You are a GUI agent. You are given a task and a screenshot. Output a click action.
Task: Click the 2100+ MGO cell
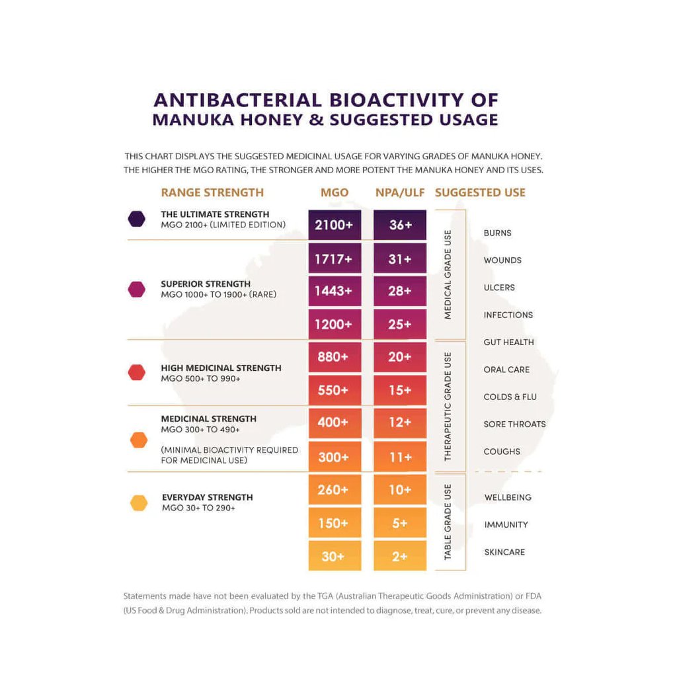pos(335,225)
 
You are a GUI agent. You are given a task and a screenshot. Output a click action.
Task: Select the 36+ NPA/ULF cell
pos(400,225)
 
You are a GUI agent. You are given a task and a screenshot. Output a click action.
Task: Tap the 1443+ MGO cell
pos(335,291)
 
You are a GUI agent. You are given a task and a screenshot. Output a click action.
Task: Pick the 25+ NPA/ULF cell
pos(400,325)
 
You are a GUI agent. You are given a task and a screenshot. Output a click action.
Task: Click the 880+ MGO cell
pos(335,357)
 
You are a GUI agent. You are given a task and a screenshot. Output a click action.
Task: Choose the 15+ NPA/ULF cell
pos(400,390)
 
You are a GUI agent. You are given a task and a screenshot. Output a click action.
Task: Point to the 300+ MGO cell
pos(335,457)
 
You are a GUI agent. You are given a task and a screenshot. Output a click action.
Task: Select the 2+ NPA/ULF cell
pos(400,556)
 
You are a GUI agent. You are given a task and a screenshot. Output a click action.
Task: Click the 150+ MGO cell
pos(335,523)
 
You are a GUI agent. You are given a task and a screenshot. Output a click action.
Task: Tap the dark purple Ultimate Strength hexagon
pos(137,219)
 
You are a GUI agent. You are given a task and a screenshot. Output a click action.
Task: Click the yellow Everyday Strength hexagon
pos(139,503)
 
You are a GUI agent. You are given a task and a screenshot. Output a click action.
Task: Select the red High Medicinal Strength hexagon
pos(137,372)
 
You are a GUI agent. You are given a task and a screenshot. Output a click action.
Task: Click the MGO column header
pos(335,192)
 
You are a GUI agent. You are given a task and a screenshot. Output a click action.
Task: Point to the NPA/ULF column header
pos(399,192)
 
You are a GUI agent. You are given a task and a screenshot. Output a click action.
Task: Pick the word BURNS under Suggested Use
pos(497,233)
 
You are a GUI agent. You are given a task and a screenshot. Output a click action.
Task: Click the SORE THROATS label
pos(514,424)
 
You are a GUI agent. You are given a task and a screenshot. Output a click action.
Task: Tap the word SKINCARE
pos(504,552)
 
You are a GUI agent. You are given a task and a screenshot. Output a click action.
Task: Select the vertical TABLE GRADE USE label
pos(448,522)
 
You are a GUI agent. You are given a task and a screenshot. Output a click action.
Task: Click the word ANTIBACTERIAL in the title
pos(237,100)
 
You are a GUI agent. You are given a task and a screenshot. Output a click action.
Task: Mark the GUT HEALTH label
pos(508,342)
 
